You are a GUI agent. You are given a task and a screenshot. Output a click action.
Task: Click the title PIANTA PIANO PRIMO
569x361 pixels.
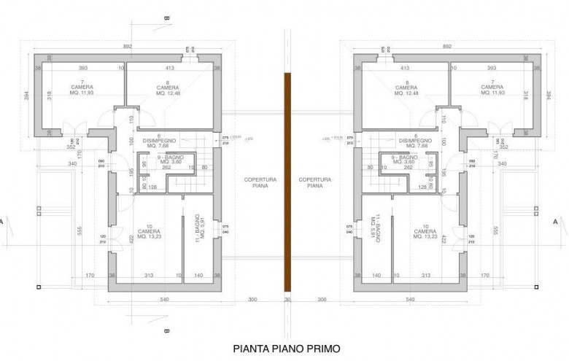(x=285, y=349)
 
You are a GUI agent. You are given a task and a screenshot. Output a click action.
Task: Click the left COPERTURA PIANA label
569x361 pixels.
(x=256, y=182)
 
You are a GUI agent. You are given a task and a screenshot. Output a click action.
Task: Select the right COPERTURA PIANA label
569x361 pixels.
(x=314, y=182)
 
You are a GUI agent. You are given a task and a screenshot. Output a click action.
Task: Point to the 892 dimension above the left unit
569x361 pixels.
(x=128, y=45)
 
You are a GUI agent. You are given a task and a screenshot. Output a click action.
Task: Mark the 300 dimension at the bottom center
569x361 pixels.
(x=252, y=300)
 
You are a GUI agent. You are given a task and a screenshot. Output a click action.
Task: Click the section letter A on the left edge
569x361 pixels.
(x=4, y=220)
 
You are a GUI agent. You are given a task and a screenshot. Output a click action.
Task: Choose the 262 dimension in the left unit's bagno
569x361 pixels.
(x=166, y=167)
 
